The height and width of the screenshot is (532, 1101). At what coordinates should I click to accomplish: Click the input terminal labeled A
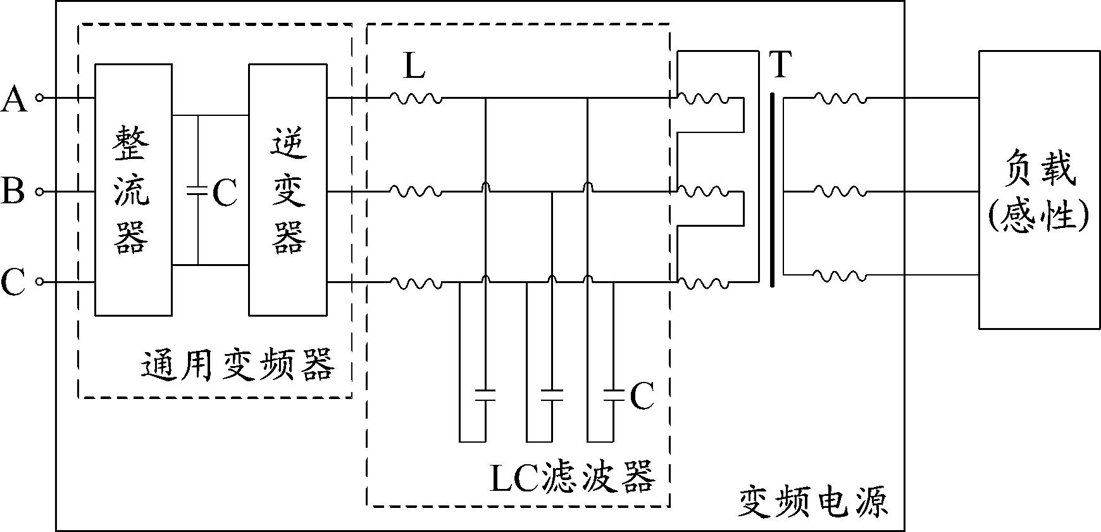[39, 98]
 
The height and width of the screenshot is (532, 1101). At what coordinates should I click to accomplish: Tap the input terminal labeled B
[39, 191]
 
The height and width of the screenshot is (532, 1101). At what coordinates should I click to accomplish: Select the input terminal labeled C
[39, 282]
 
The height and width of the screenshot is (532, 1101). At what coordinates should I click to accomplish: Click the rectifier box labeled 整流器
[133, 189]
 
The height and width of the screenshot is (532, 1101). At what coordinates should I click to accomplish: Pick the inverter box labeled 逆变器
[288, 189]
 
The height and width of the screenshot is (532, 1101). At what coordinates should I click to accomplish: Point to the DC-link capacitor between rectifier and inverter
[198, 190]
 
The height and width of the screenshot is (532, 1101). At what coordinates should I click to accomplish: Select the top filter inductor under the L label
[415, 98]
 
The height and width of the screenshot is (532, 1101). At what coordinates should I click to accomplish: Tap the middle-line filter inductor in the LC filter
[415, 191]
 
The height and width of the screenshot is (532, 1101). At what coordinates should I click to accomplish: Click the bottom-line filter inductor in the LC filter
[415, 282]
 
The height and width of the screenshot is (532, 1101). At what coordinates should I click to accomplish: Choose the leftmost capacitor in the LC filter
[485, 395]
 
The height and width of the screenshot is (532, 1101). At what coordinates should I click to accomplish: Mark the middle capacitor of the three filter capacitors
[552, 395]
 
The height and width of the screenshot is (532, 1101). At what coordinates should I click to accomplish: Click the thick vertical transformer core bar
[772, 190]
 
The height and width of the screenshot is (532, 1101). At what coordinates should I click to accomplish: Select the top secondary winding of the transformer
[840, 98]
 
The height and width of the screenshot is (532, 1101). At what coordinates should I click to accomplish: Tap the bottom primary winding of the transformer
[703, 282]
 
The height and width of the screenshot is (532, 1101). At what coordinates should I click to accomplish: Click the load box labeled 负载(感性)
[1039, 189]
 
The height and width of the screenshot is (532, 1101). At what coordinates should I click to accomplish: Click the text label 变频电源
[814, 502]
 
